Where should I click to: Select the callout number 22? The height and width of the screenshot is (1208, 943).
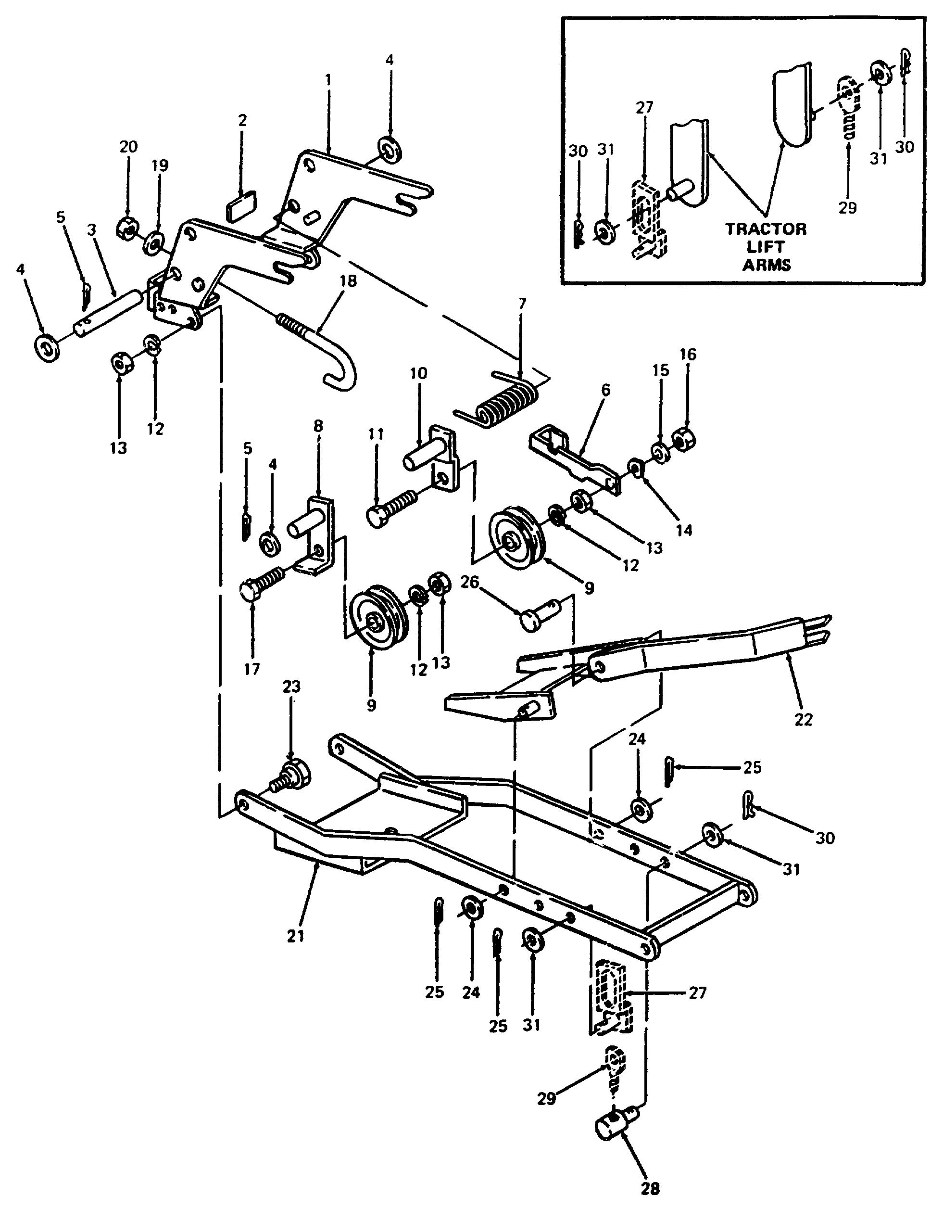(803, 720)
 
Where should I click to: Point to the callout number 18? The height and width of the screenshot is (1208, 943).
(348, 281)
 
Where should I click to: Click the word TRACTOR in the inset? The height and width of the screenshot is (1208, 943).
(766, 229)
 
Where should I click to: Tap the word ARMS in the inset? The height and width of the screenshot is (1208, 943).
(766, 265)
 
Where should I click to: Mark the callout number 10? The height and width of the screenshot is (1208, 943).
(418, 373)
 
